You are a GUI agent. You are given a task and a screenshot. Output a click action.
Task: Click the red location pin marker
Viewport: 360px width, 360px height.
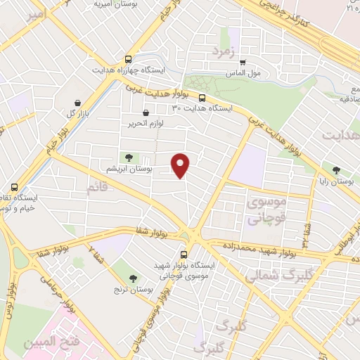[181, 165]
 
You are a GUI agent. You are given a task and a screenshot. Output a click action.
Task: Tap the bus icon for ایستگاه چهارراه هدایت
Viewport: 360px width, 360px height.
[128, 60]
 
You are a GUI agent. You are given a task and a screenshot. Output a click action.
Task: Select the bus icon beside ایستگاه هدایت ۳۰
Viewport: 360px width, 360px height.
[202, 98]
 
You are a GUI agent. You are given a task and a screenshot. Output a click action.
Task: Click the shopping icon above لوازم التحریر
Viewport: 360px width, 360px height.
[146, 112]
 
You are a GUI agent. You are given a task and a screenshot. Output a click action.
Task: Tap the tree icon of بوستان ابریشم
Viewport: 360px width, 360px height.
[129, 157]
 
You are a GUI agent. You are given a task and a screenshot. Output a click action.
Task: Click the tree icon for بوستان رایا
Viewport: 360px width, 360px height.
[336, 169]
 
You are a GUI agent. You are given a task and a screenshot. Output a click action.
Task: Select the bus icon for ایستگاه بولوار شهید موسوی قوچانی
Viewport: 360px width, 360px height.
[184, 255]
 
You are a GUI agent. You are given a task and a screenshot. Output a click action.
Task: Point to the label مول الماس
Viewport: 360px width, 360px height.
[246, 72]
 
